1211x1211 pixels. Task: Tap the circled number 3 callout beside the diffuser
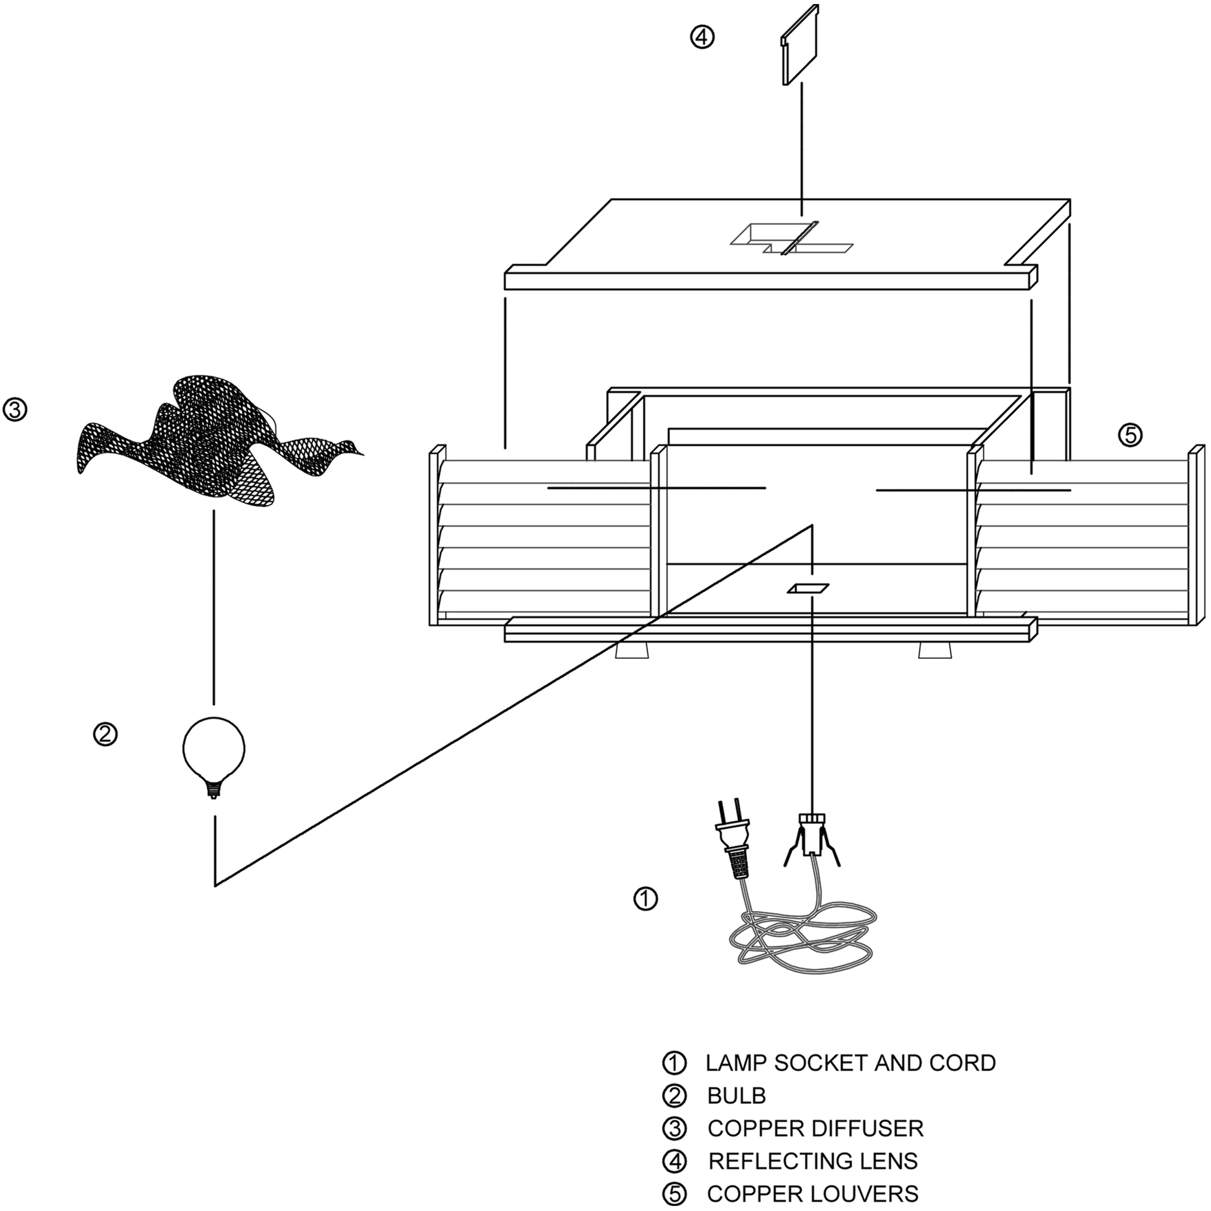click(15, 410)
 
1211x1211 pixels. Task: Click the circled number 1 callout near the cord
click(645, 899)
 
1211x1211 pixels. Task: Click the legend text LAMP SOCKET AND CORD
click(850, 1063)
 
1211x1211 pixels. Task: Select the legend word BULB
click(737, 1095)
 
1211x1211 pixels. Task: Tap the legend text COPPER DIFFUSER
click(815, 1128)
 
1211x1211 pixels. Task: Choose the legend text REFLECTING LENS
click(812, 1162)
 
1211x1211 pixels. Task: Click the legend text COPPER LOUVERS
click(812, 1194)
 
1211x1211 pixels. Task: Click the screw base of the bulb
click(214, 789)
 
